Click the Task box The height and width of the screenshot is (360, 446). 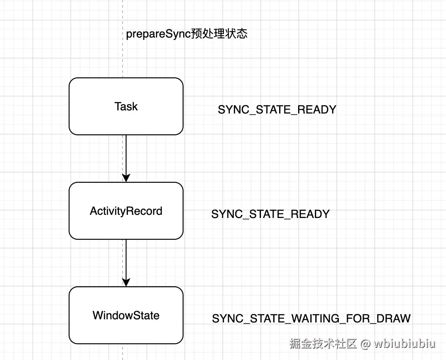pos(126,106)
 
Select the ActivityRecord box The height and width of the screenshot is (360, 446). pos(126,211)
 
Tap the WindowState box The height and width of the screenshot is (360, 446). pos(126,315)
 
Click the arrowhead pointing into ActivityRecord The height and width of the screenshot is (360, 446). pos(126,178)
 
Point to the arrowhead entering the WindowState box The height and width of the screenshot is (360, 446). pos(126,282)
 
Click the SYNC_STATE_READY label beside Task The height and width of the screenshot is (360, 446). pos(277,110)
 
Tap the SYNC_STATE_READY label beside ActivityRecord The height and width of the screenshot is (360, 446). pos(270,214)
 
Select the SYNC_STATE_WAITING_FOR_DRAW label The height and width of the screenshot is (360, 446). pos(311,318)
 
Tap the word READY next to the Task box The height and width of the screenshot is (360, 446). pos(317,110)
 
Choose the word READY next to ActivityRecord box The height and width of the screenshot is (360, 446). pos(310,214)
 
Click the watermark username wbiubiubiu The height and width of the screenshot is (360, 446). pos(405,344)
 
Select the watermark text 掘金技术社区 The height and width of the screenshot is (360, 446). pos(323,344)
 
